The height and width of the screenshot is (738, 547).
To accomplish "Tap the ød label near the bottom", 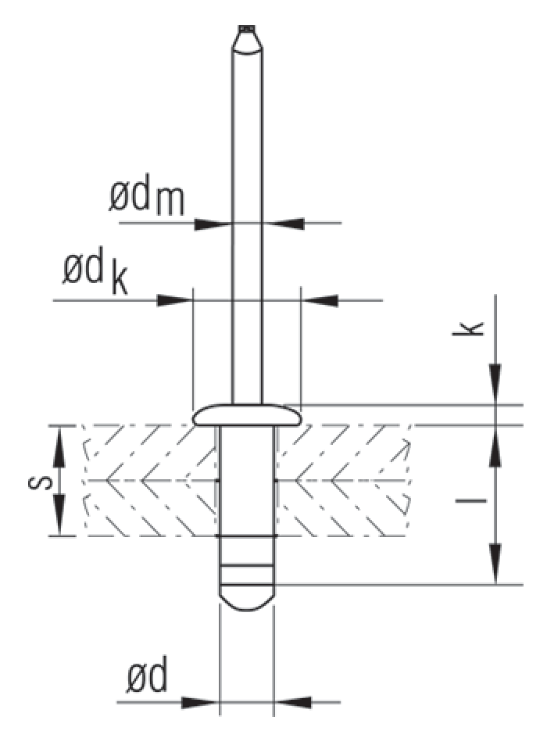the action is [x=147, y=677].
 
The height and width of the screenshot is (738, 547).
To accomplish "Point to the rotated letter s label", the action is [x=40, y=482].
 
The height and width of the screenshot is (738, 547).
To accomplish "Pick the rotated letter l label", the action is [x=470, y=500].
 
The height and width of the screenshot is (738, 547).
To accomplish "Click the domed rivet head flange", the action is [x=248, y=414].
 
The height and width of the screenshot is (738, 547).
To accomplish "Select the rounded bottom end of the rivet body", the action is [x=248, y=598].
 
